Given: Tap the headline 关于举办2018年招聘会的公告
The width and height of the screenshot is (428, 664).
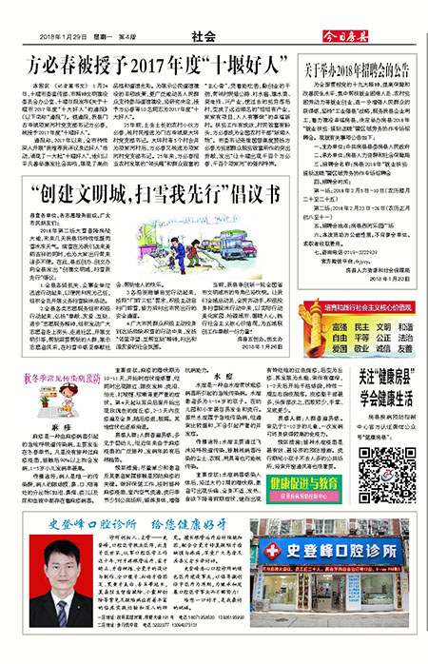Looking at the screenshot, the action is point(357,69).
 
